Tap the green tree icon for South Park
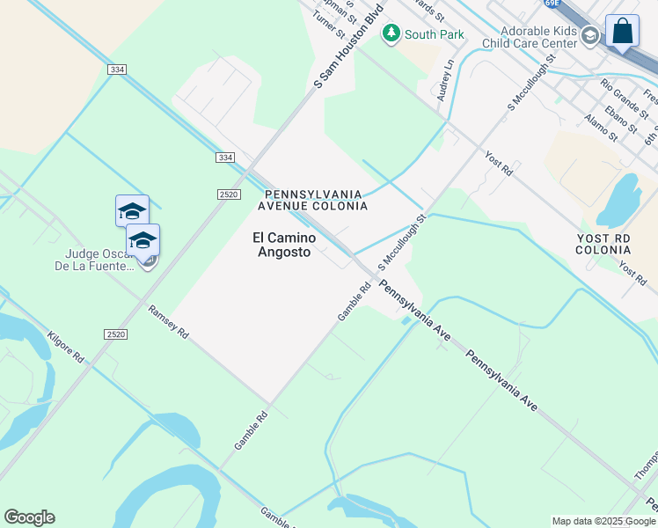[391, 33]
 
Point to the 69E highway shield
[575, 4]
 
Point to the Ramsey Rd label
[168, 322]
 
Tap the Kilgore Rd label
[65, 348]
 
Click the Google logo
[29, 517]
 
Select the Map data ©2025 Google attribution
[603, 521]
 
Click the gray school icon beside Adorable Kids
[589, 36]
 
